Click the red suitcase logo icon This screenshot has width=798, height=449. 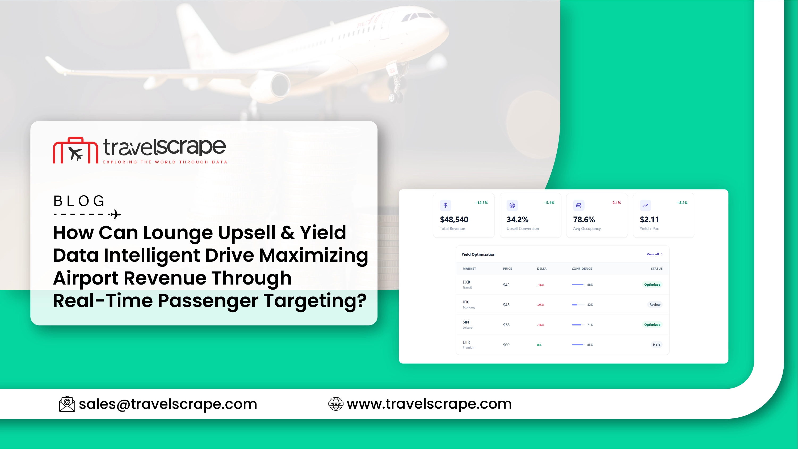tap(75, 150)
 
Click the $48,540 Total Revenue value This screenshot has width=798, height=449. tap(454, 219)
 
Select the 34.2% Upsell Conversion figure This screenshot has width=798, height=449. tap(517, 219)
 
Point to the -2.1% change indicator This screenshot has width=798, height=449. tap(616, 203)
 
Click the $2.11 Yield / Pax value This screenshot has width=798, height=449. tap(649, 219)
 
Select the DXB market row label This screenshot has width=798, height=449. tap(466, 282)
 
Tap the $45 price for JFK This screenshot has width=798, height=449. tap(506, 305)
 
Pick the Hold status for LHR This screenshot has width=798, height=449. tap(656, 345)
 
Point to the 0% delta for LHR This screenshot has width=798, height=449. tap(539, 345)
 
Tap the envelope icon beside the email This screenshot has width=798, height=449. tap(67, 404)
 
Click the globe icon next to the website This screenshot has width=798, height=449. tap(336, 404)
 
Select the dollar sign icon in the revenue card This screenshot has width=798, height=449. tap(446, 205)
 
